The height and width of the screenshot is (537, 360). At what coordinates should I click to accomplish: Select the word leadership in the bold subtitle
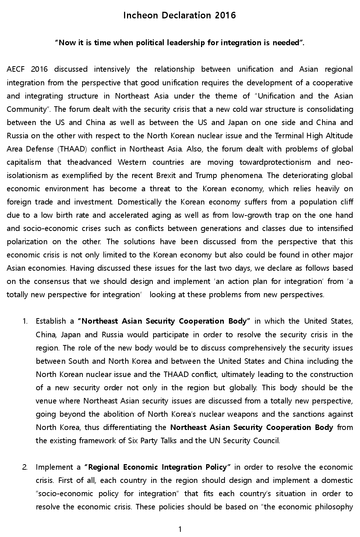click(x=186, y=43)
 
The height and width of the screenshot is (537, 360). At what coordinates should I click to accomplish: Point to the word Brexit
click(x=166, y=175)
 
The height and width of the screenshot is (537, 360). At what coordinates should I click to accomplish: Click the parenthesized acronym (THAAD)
click(x=72, y=149)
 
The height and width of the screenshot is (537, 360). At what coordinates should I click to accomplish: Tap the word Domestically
click(x=140, y=202)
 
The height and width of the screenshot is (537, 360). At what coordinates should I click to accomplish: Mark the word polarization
click(x=27, y=242)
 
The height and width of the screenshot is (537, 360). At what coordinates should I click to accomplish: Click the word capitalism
click(x=24, y=162)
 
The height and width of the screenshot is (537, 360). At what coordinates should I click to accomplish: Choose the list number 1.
click(x=25, y=321)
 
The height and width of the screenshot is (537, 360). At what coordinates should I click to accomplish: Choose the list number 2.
click(x=25, y=467)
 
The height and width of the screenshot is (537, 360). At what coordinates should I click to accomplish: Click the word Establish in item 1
click(x=50, y=321)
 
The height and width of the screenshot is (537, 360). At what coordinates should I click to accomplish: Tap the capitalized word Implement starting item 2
click(x=53, y=467)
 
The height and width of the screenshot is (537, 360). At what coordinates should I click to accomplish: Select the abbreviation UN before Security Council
click(x=214, y=441)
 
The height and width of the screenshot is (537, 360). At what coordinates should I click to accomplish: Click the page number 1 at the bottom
click(x=180, y=530)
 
